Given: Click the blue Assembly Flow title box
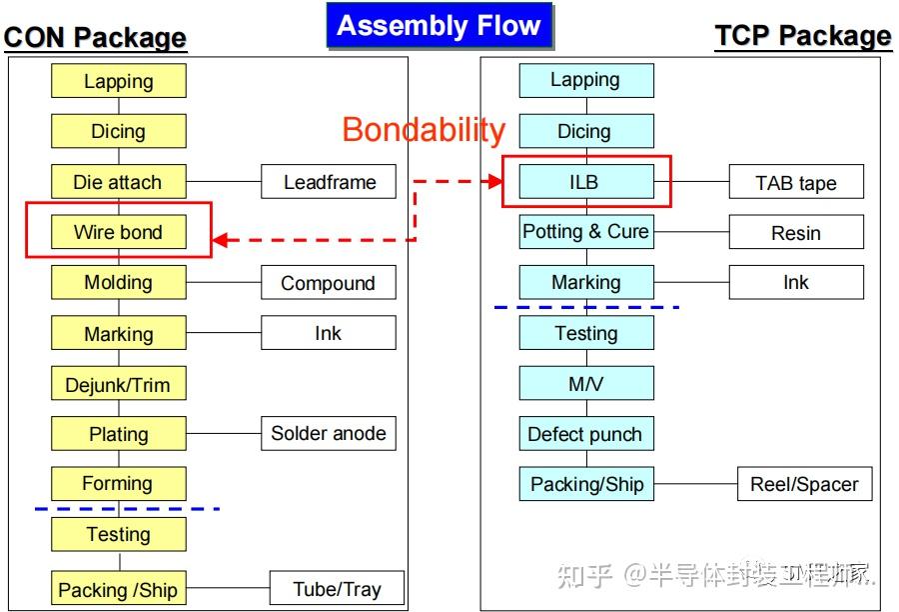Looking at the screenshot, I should click(x=439, y=26).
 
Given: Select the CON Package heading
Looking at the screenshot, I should click(x=95, y=38).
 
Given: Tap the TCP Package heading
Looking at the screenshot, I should click(x=802, y=36).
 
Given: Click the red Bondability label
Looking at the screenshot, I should click(x=424, y=129).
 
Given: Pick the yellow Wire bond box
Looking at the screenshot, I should click(x=118, y=232).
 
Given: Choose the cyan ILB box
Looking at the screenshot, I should click(x=585, y=182).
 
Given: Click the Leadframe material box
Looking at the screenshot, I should click(x=329, y=182).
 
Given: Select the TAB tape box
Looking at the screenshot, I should click(x=795, y=183).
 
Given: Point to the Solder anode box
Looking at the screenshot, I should click(x=328, y=434).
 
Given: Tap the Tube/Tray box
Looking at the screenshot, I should click(x=337, y=588).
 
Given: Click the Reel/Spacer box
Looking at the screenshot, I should click(x=804, y=484).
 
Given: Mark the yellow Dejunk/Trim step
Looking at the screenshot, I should click(x=118, y=384).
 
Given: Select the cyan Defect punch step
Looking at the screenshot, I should click(x=585, y=434).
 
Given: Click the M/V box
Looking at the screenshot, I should click(x=585, y=383).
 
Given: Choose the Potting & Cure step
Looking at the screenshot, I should click(x=585, y=232).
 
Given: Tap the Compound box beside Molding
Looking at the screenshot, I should click(x=328, y=283).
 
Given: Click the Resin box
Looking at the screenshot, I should click(x=795, y=233).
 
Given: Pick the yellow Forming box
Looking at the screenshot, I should click(x=118, y=484).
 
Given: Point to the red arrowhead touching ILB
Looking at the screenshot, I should click(x=494, y=181).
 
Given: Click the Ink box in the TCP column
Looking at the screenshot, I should click(x=795, y=283).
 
